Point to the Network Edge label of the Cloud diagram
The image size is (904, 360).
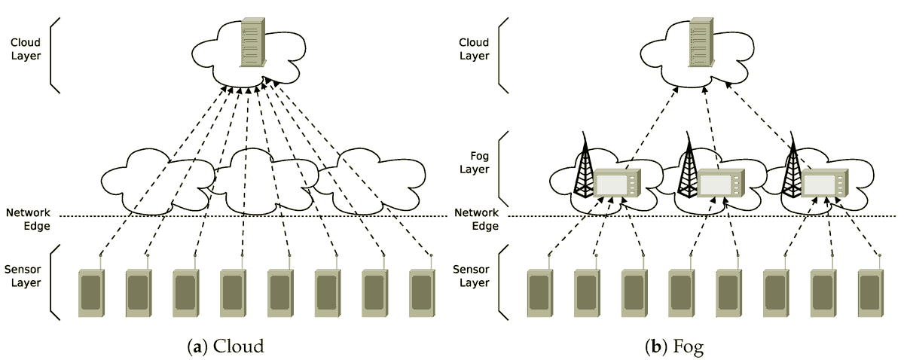point(28,219)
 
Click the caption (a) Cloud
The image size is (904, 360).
point(226,346)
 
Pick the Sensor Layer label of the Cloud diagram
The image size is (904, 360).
point(26,276)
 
